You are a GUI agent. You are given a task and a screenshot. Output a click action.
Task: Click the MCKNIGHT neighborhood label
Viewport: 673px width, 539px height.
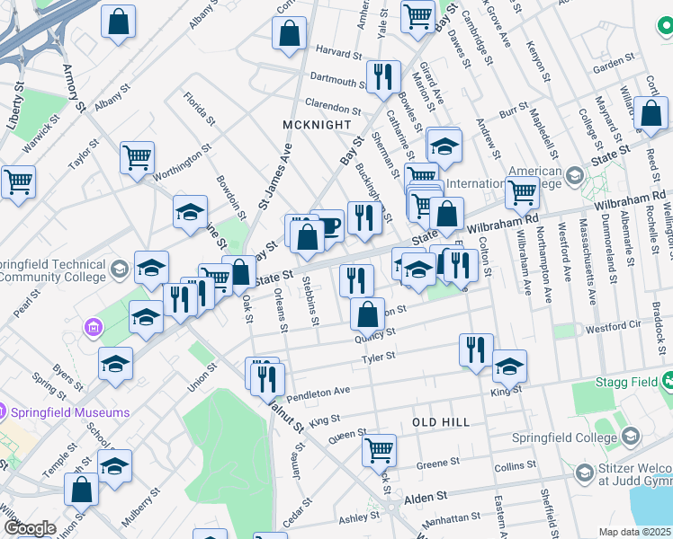pos(316,124)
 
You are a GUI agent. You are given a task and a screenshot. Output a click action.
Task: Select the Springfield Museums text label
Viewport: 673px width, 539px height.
pos(70,412)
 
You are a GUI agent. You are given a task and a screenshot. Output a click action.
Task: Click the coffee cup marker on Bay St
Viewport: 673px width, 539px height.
pos(327,225)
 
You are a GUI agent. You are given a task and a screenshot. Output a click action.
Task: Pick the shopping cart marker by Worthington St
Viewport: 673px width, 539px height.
pos(138,157)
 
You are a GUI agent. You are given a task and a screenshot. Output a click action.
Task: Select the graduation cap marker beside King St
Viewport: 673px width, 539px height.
pos(508,366)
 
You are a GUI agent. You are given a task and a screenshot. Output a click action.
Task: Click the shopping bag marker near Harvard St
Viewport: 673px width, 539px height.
pos(290,33)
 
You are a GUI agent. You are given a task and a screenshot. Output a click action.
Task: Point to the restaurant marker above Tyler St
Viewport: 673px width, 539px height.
pos(476,349)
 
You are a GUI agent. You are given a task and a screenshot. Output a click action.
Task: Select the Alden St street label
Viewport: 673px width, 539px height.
pos(428,496)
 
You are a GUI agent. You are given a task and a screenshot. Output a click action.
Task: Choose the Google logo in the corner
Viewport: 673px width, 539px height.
pos(30,528)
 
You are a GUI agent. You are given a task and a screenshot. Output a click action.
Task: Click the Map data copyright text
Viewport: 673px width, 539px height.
pos(635,532)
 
